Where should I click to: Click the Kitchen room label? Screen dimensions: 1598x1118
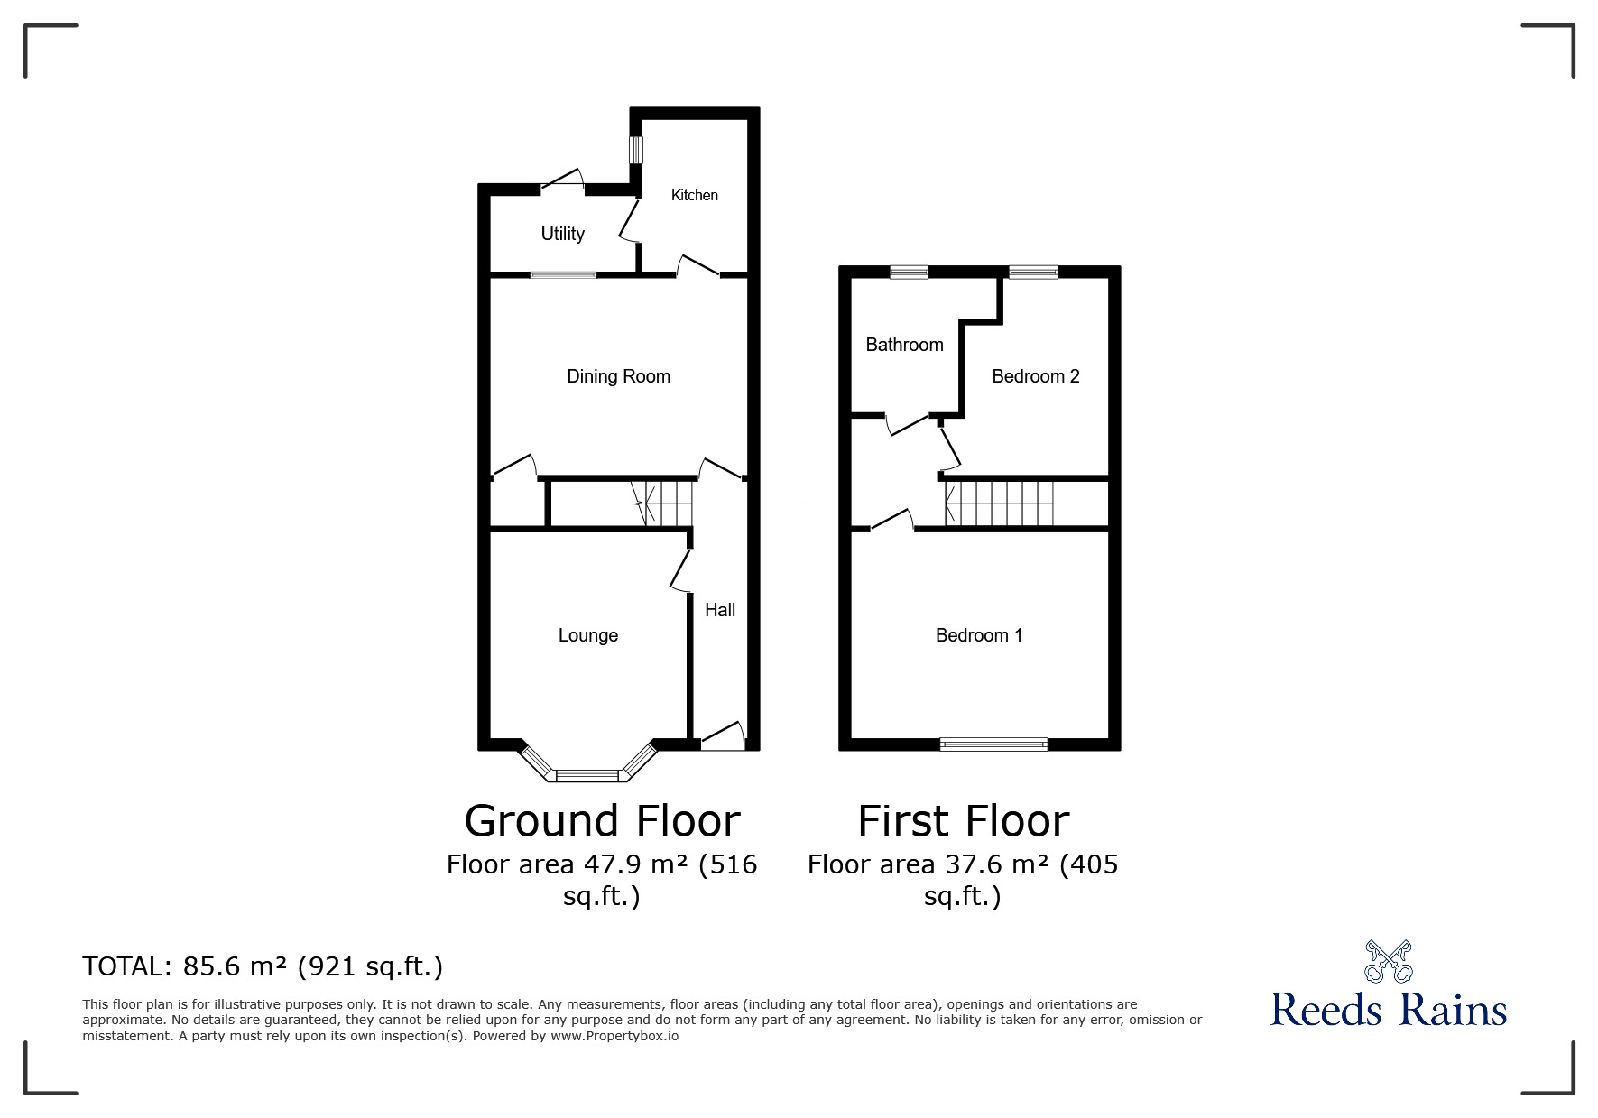[x=695, y=195]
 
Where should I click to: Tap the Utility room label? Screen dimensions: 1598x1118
[x=563, y=234]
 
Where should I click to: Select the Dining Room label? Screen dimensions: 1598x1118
[x=618, y=376]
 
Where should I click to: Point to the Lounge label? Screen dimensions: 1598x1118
[x=588, y=635]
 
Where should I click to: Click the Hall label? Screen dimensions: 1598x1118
[x=720, y=610]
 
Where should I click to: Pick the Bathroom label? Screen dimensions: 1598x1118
[x=904, y=345]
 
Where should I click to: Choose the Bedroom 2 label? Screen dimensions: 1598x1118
[x=1036, y=376]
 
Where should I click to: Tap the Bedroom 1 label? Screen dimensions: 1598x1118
[x=979, y=635]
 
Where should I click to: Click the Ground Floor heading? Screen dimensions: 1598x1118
[x=602, y=821]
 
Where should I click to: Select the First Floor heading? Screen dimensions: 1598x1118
[x=964, y=821]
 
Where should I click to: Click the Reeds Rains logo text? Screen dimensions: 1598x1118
[x=1389, y=1009]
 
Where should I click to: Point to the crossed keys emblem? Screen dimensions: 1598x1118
[x=1389, y=961]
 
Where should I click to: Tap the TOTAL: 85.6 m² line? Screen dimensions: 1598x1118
[x=263, y=966]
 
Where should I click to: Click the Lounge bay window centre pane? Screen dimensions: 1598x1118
[x=588, y=775]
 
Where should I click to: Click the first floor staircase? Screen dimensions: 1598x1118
[x=999, y=504]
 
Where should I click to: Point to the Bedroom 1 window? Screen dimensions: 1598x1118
[x=993, y=744]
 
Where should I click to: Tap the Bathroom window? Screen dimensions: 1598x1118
[x=909, y=272]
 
